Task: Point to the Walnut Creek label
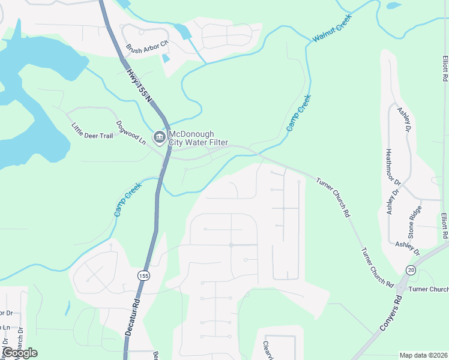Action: click(331, 29)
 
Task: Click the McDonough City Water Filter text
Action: click(198, 137)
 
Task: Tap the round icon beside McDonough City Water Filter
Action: click(159, 138)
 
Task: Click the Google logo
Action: click(19, 352)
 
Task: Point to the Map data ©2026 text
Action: click(423, 355)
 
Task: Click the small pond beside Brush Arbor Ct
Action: click(166, 58)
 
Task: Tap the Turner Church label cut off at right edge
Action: click(428, 289)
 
